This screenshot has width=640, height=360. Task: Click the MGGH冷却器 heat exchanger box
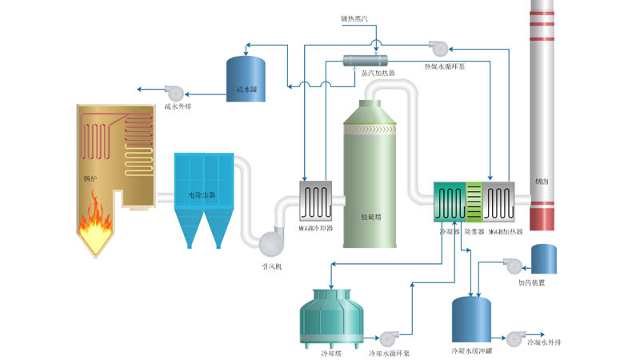(x=315, y=201)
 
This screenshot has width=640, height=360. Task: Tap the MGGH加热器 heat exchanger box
(x=499, y=202)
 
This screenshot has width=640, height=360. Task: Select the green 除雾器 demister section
(x=473, y=202)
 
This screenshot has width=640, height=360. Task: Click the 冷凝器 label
(x=450, y=230)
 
